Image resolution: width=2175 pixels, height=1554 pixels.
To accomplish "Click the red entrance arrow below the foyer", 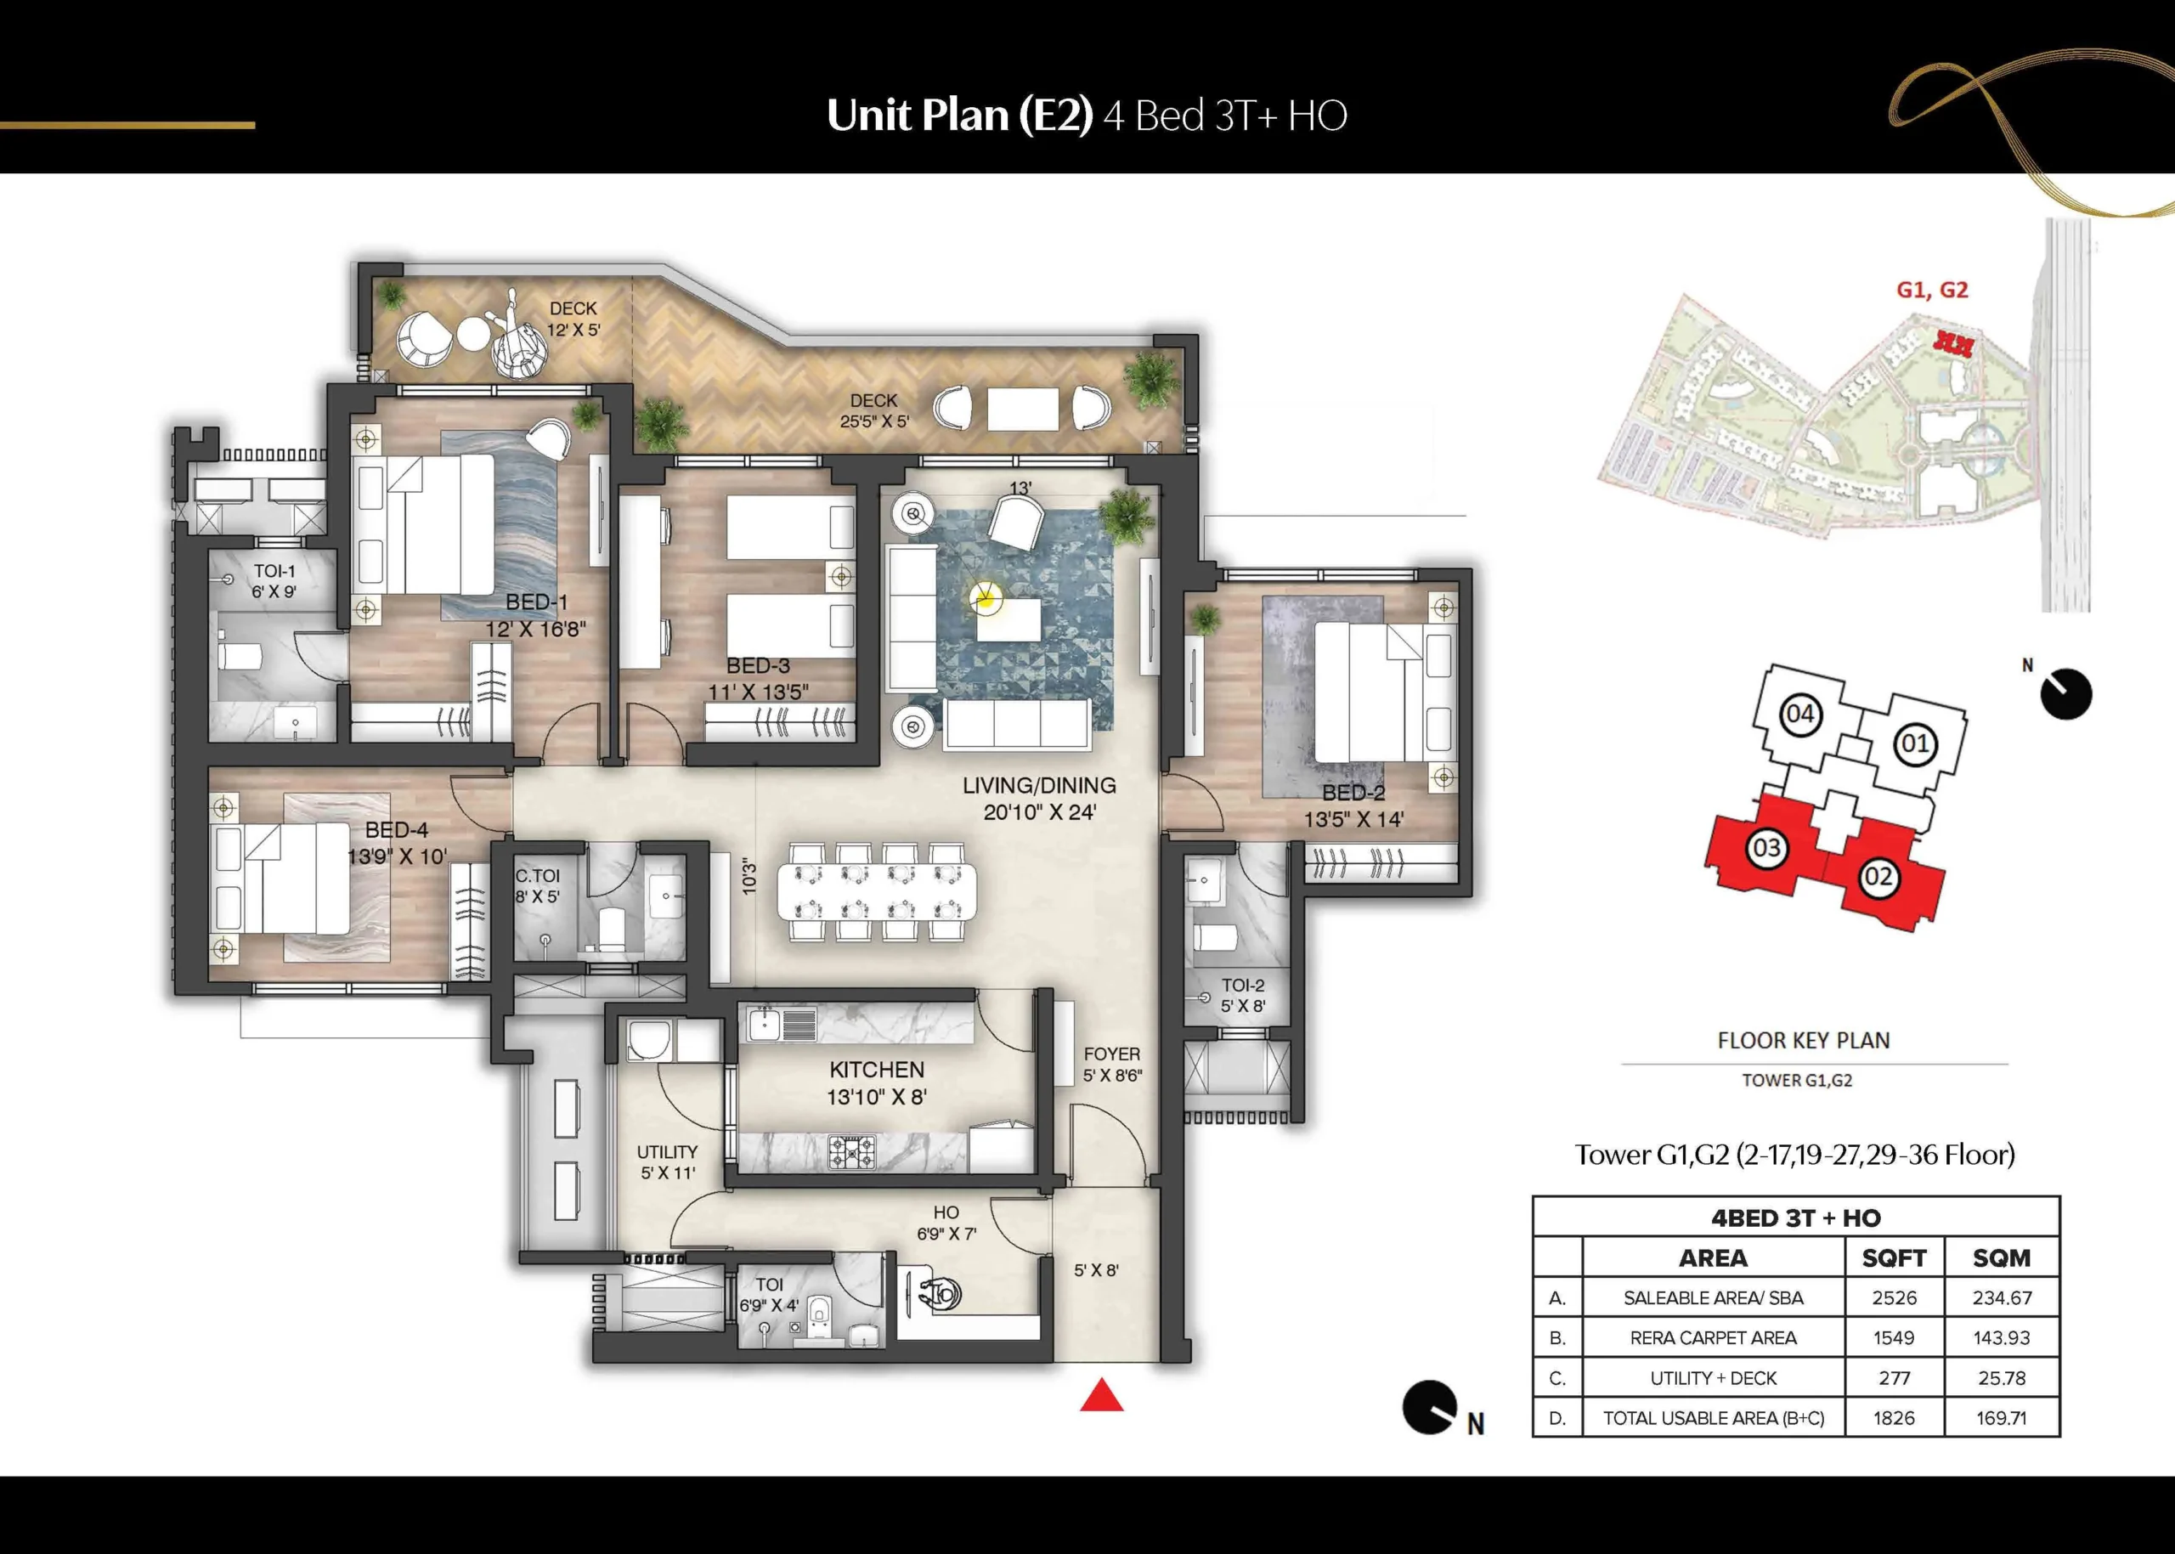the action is point(1101,1395).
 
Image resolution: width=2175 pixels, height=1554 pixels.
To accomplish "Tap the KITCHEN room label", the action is point(877,1070).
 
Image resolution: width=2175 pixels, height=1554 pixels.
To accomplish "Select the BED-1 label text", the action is point(536,602).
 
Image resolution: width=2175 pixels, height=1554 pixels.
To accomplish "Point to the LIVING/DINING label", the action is point(1039,786).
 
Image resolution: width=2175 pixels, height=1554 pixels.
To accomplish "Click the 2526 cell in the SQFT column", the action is point(1895,1297).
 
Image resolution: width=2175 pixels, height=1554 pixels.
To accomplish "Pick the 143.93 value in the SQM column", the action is point(2002,1337).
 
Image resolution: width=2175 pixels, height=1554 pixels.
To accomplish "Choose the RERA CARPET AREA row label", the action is point(1713,1337).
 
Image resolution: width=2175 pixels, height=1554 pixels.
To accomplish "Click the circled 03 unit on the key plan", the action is point(1766,848).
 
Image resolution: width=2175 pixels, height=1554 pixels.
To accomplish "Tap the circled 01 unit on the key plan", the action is point(1915,743).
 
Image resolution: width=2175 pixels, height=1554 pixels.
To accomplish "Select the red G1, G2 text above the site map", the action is point(1932,290).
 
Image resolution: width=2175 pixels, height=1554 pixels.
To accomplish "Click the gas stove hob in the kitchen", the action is point(850,1151).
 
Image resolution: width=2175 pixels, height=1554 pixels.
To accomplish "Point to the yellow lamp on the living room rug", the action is point(984,599).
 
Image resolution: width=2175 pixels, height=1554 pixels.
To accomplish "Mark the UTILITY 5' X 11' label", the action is point(667,1161).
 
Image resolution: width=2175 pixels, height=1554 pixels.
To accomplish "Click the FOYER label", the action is point(1112,1054).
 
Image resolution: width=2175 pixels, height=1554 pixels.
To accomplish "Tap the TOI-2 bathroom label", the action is point(1243,985).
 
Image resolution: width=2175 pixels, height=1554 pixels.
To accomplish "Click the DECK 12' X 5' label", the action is point(573,319).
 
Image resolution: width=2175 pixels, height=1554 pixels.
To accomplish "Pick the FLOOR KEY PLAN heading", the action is point(1804,1040).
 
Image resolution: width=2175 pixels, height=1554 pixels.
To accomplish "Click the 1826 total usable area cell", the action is point(1894,1418).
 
